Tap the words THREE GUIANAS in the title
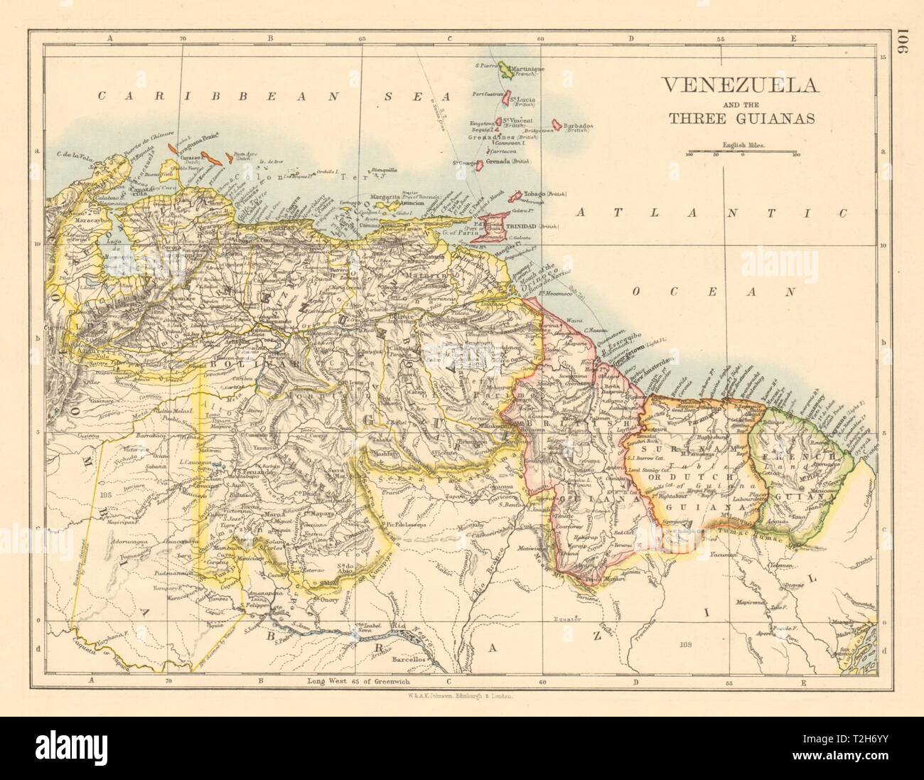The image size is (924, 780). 739,119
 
